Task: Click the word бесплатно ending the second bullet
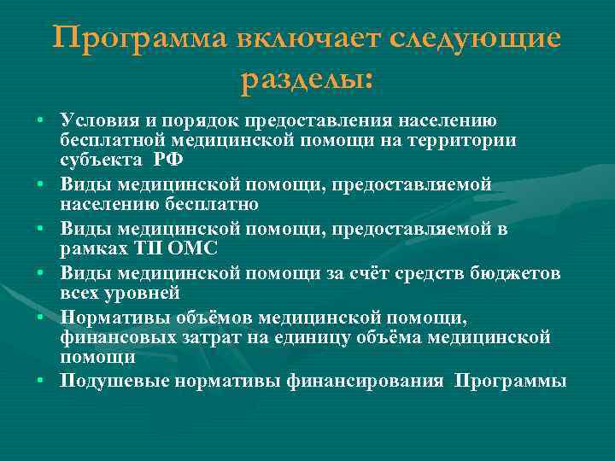coord(196,204)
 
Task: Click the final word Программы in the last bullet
coord(510,381)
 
